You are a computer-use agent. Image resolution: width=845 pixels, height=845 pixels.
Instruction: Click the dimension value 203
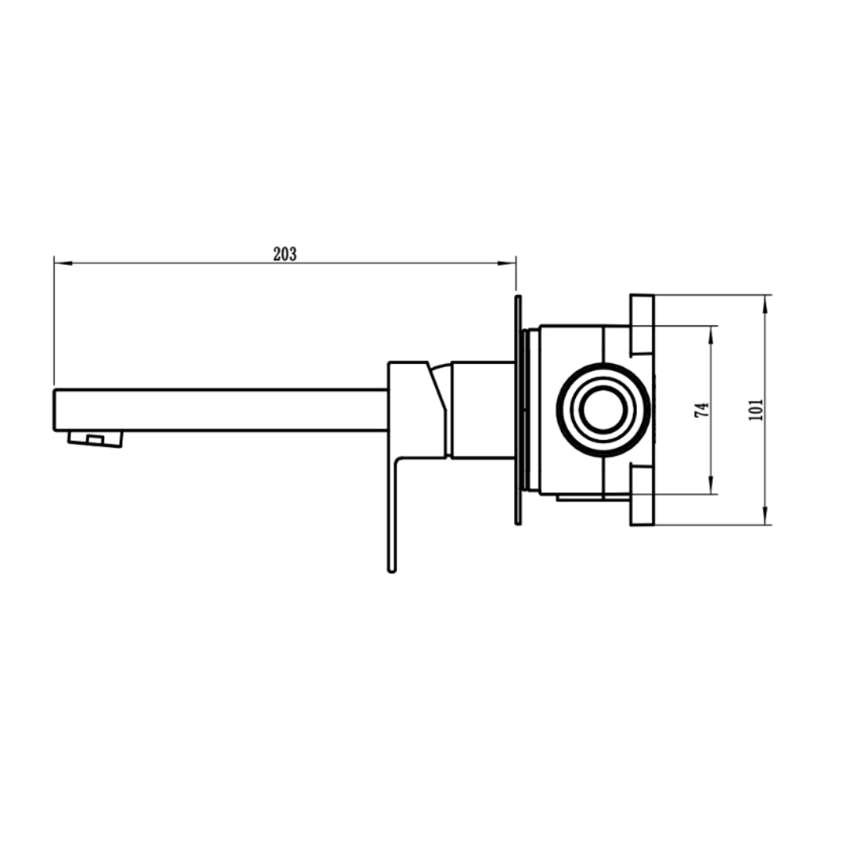click(x=285, y=253)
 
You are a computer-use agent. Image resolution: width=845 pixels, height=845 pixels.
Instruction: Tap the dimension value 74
click(x=701, y=410)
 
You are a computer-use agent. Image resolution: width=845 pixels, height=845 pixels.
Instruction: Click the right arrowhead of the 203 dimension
click(x=506, y=263)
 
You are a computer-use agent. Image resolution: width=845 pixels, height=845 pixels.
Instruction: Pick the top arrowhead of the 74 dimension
click(x=711, y=335)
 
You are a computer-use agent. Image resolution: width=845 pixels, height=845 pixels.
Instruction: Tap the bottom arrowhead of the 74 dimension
click(x=711, y=484)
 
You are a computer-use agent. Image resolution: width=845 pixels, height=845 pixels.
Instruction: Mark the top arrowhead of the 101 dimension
click(x=765, y=305)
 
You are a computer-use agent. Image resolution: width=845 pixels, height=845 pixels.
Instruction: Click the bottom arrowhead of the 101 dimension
click(x=765, y=515)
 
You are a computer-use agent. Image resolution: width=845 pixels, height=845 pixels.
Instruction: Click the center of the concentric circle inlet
click(x=602, y=409)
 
